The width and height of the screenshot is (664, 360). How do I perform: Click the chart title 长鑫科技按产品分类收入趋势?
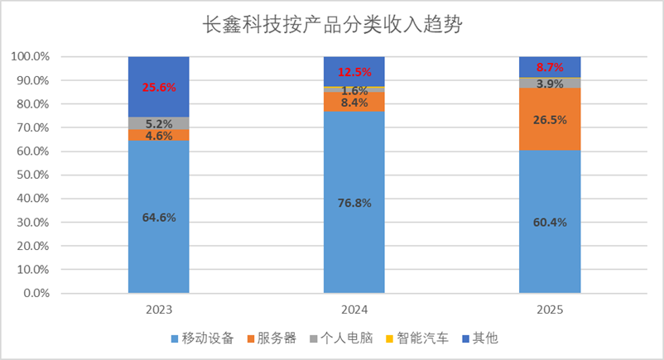coord(332,25)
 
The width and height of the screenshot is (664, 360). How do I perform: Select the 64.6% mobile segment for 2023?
coord(159,217)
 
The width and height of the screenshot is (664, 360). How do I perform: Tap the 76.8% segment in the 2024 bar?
coord(354,203)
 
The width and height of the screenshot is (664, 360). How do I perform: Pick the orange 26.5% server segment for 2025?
coord(550,119)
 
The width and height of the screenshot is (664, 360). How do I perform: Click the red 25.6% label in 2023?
coord(159,87)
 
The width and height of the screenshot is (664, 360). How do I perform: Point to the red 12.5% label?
coord(354,72)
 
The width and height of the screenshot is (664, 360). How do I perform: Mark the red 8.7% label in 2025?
coord(550,67)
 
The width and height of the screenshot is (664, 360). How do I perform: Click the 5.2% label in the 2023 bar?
coord(159,124)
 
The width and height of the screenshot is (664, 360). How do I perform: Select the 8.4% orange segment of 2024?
coord(354,102)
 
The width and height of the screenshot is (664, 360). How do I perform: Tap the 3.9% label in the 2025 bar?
coord(550,84)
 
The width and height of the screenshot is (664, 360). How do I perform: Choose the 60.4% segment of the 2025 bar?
coord(550,222)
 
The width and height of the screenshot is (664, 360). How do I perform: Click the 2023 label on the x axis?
coord(159,310)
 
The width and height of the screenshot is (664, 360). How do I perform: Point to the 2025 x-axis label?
coord(550,310)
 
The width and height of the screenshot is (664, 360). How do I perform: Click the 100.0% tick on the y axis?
coord(30,56)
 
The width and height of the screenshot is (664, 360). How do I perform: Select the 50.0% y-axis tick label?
coord(33,175)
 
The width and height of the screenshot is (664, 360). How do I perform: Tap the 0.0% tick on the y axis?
coord(36,293)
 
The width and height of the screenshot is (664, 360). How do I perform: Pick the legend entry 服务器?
coord(272,338)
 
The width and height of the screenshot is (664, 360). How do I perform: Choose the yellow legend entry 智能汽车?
coord(417,338)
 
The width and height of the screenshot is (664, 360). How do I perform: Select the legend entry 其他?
coord(480,338)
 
